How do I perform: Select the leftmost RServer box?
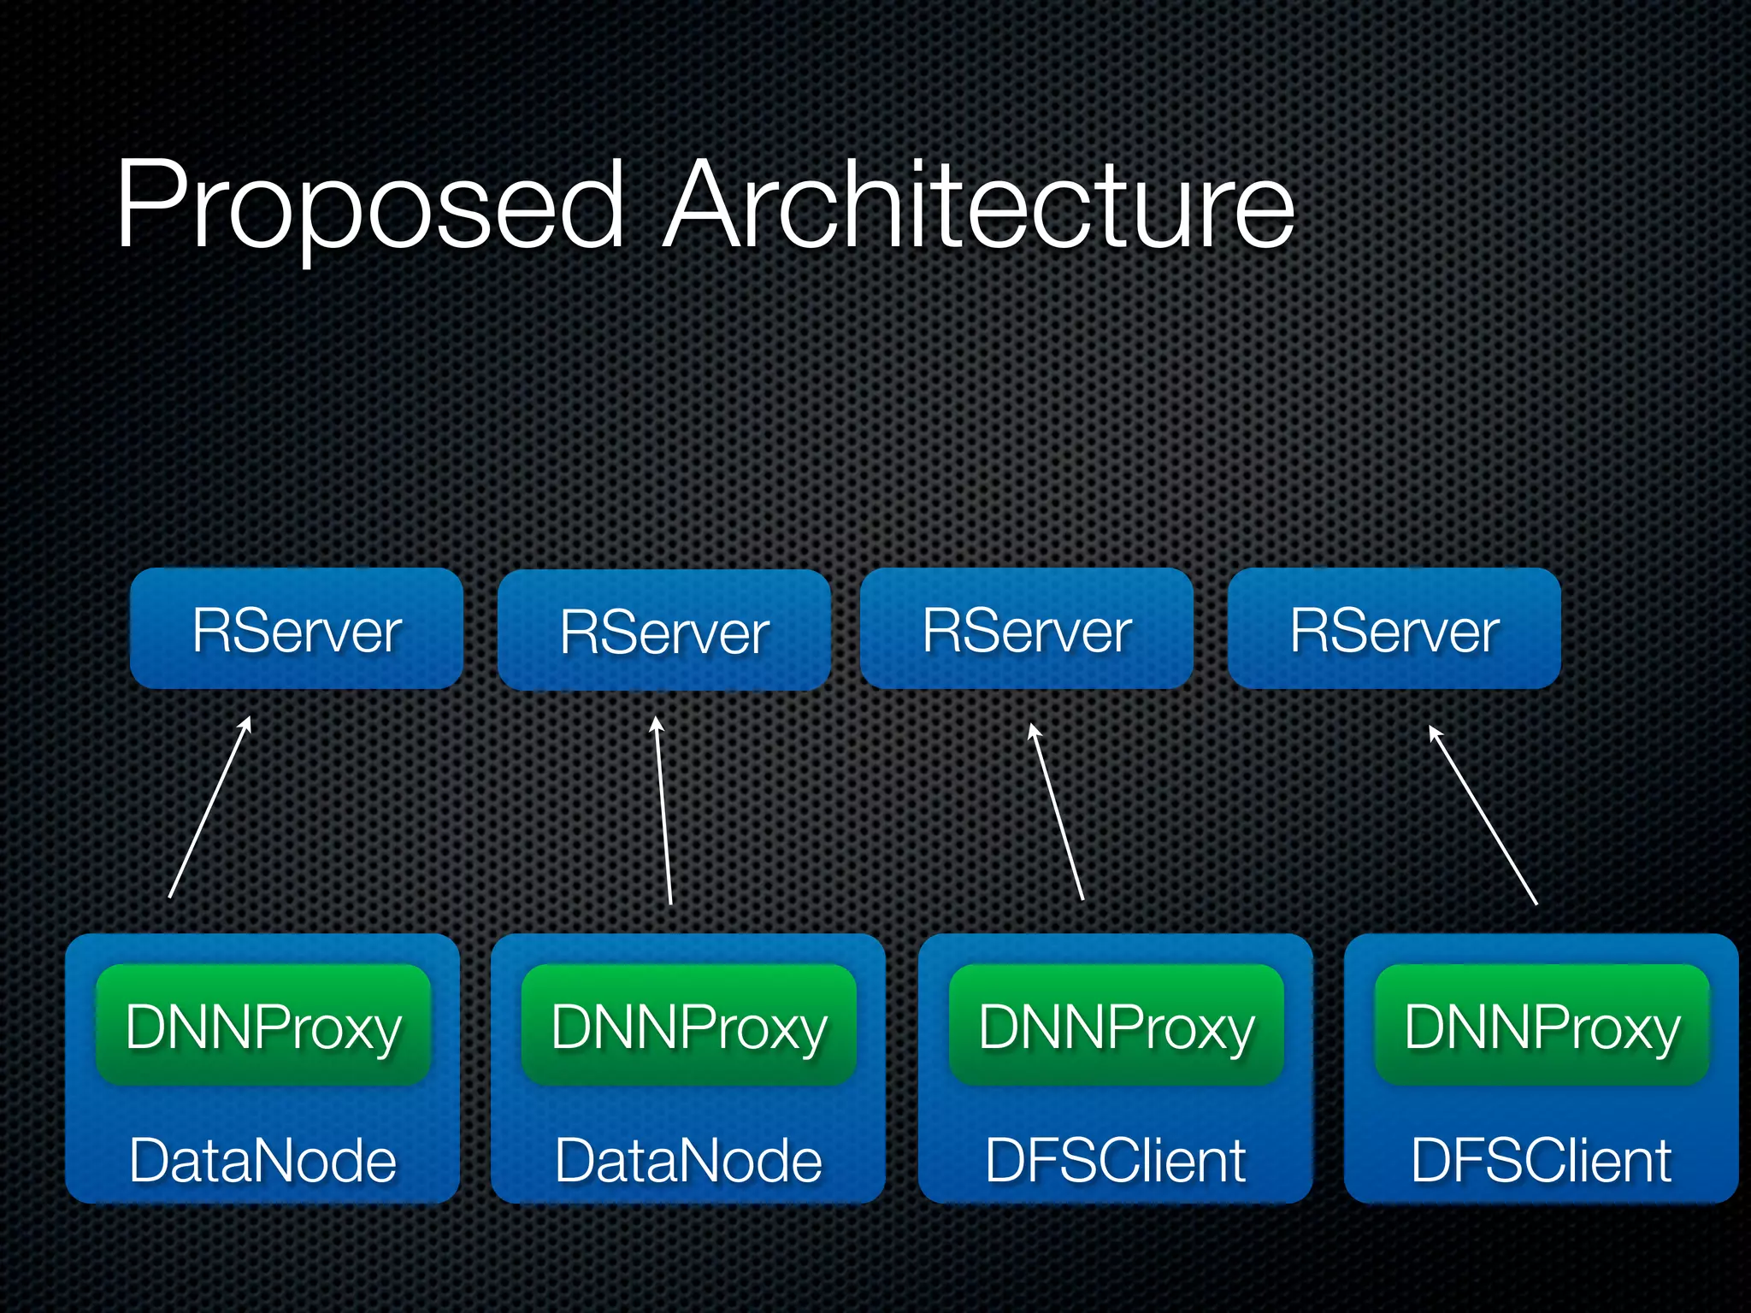coord(297,629)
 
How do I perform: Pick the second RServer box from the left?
coord(664,631)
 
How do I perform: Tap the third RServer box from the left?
coord(1027,629)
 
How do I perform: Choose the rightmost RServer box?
coord(1394,629)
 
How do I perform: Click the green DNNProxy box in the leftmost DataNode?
coord(263,1026)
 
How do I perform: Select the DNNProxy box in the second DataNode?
coord(689,1026)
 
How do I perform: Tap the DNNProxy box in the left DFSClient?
coord(1117,1026)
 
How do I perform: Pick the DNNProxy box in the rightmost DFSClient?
coord(1542,1026)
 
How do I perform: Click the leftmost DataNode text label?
coord(262,1161)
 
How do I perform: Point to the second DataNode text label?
coord(688,1161)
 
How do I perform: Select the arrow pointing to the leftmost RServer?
coord(209,808)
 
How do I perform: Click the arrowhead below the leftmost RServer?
coord(247,723)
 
